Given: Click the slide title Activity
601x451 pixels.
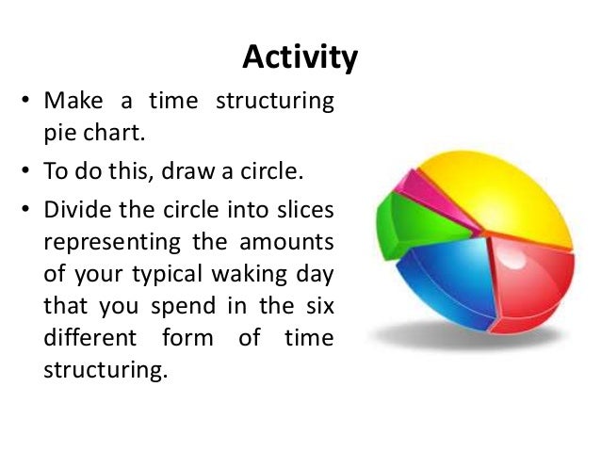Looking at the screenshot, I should tap(300, 57).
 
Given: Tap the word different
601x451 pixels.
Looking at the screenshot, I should tap(87, 337).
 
